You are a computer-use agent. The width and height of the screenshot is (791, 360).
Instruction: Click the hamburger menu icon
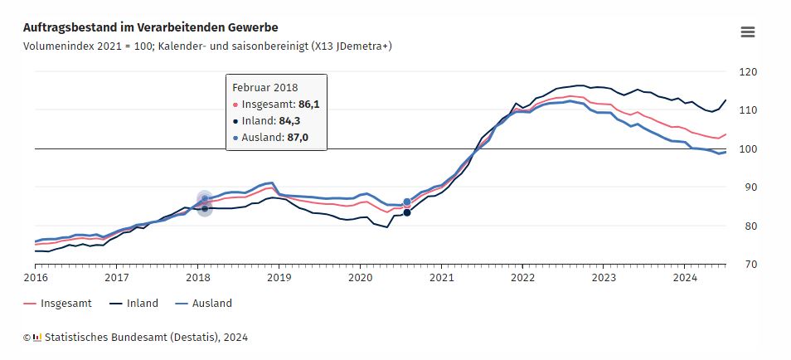click(747, 32)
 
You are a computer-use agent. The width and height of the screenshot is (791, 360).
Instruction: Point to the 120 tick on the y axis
click(749, 72)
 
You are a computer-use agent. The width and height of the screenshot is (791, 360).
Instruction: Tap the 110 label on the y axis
click(749, 110)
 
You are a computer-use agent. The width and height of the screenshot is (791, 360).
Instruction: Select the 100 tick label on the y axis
click(749, 149)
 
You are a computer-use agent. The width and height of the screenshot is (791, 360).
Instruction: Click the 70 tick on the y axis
click(749, 265)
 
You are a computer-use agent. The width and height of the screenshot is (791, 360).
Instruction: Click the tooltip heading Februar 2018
click(264, 87)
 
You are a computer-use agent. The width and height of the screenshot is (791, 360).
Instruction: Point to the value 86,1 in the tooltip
click(309, 105)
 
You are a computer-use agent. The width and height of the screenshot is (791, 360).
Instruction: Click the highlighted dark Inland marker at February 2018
click(205, 208)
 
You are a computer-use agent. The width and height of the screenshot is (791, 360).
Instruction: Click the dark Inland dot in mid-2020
click(407, 213)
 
